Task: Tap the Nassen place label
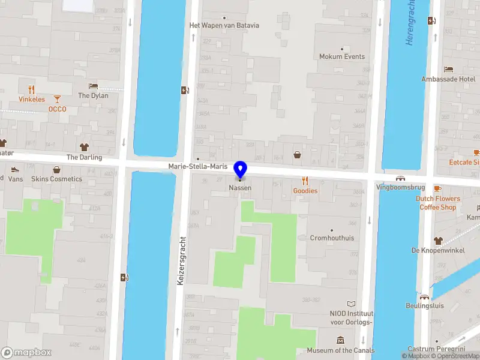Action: click(x=240, y=188)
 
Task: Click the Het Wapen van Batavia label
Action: click(x=224, y=25)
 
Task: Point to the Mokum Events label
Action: click(x=342, y=56)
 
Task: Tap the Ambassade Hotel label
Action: click(x=449, y=79)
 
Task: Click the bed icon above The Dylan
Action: click(x=93, y=86)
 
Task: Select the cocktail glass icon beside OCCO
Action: click(x=57, y=99)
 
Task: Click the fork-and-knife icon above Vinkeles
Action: click(x=32, y=90)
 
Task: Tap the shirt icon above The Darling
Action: click(x=84, y=147)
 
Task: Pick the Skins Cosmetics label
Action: click(x=56, y=179)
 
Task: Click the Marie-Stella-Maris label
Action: click(x=198, y=166)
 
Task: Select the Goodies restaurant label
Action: click(x=305, y=191)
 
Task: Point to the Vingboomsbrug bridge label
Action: click(x=400, y=187)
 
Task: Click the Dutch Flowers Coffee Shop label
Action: click(x=438, y=203)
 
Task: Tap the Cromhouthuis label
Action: click(x=332, y=238)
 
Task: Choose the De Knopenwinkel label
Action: click(x=438, y=250)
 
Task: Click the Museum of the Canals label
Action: click(x=340, y=350)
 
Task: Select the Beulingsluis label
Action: click(x=425, y=305)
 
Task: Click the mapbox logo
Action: click(x=26, y=353)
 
